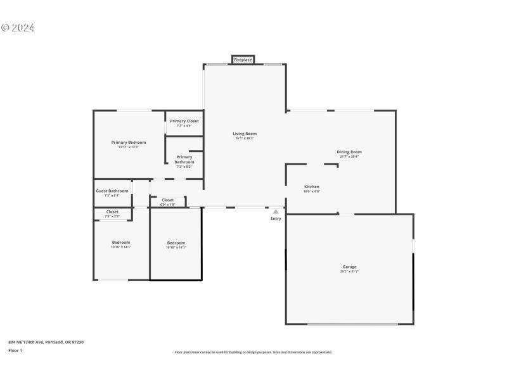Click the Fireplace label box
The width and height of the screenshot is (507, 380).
[243, 60]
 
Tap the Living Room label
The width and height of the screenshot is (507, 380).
[245, 134]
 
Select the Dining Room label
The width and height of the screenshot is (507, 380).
[349, 152]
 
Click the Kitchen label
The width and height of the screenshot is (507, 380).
[312, 187]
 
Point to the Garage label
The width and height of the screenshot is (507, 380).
[350, 267]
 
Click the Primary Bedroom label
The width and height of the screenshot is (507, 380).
[129, 142]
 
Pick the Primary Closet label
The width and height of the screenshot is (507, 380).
[184, 121]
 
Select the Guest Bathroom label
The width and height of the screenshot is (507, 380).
[112, 191]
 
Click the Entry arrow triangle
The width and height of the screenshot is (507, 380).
[276, 212]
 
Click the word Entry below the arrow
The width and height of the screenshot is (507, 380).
[276, 218]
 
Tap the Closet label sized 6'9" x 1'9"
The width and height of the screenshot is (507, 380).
[168, 200]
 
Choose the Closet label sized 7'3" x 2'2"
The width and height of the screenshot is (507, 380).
[112, 212]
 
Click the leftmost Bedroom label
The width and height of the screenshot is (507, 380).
[121, 243]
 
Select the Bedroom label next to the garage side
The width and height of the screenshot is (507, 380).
[176, 243]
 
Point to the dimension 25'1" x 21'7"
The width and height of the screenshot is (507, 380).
[350, 271]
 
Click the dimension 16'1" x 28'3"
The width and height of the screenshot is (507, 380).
[245, 138]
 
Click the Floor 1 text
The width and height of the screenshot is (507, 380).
[15, 350]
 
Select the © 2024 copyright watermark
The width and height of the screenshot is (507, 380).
[18, 28]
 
